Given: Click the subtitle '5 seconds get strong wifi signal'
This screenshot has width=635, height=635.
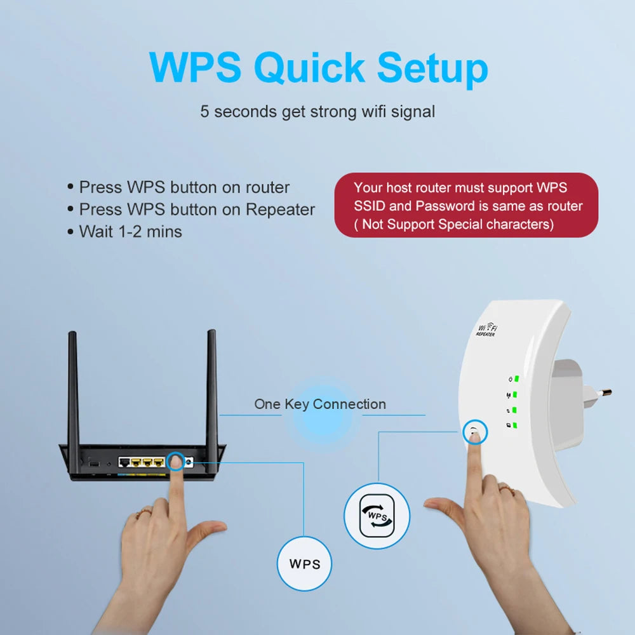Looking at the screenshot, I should [317, 112].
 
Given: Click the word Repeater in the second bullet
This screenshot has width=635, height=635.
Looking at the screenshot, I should [280, 210].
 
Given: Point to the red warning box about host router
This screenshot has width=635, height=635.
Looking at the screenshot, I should [466, 206].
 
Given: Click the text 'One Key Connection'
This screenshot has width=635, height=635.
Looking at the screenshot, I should [319, 404].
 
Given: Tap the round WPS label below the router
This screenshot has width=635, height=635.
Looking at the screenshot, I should [305, 563].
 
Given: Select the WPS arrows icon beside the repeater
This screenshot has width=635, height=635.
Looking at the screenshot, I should [377, 516].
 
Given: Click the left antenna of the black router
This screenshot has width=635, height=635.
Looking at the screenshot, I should [73, 387].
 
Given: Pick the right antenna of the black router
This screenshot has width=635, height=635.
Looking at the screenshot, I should [211, 387].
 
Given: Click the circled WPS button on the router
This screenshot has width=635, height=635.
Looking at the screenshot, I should [176, 462].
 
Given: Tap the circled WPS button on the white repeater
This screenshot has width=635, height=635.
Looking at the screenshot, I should [474, 432].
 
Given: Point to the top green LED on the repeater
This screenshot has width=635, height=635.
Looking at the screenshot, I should [517, 379].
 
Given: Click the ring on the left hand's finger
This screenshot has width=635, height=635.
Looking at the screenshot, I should [144, 512].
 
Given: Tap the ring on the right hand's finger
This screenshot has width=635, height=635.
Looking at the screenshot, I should [506, 488].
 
